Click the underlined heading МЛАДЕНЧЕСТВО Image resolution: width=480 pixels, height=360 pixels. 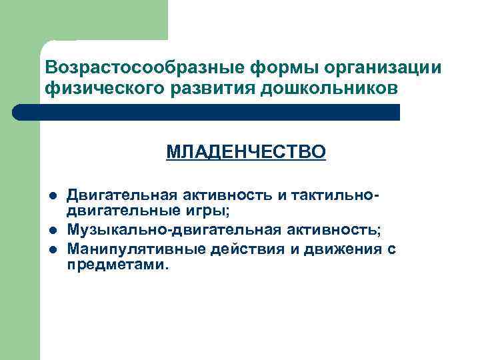[x=246, y=153]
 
